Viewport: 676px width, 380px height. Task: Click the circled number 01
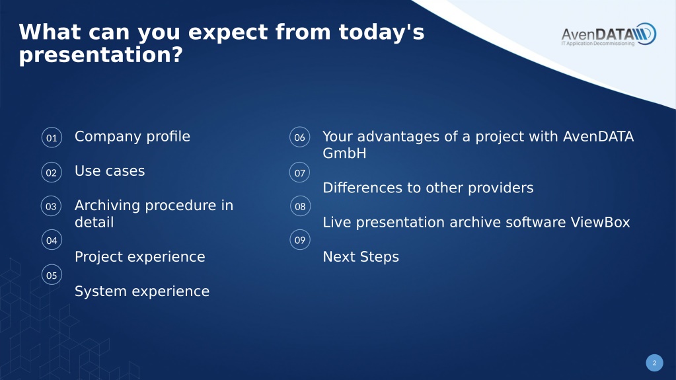tap(52, 137)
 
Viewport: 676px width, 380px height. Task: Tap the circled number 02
tap(52, 172)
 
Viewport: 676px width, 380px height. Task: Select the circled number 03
tap(52, 206)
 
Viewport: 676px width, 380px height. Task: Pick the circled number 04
tap(52, 240)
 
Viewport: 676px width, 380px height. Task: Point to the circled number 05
tap(52, 275)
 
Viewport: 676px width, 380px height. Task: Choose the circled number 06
tap(299, 137)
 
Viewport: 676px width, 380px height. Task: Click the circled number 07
tap(299, 172)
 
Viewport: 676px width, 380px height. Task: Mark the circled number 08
tap(300, 206)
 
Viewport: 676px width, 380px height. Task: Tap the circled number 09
tap(300, 240)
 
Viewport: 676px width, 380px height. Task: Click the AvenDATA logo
tap(609, 34)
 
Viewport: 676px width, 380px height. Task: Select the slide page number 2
tap(654, 363)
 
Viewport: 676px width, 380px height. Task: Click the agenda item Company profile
tap(132, 137)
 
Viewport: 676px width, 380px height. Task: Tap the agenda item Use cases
tap(110, 171)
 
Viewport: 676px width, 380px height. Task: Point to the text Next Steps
tap(361, 256)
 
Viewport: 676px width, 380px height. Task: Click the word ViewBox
tap(600, 222)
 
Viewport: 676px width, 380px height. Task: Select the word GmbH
tap(344, 153)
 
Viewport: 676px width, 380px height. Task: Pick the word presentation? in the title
tap(101, 56)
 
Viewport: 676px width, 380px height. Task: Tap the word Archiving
tap(108, 206)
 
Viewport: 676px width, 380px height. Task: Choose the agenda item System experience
tap(142, 291)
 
